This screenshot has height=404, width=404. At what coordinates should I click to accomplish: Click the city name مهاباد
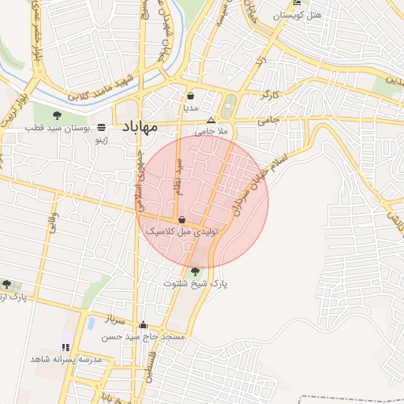140,126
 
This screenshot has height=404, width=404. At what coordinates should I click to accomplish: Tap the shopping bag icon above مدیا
191,96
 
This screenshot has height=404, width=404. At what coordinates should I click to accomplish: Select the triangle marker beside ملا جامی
210,120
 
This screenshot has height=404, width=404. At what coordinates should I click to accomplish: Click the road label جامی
268,121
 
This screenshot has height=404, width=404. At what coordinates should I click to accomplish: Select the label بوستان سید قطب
57,127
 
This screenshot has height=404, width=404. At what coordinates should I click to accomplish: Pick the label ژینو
101,140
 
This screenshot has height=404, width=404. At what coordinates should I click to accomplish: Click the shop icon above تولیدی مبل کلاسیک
182,219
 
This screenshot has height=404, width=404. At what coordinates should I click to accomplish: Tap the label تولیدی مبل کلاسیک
181,233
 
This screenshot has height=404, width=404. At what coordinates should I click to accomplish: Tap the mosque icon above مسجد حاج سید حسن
143,324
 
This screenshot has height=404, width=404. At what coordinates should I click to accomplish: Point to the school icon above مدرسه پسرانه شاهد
65,346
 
